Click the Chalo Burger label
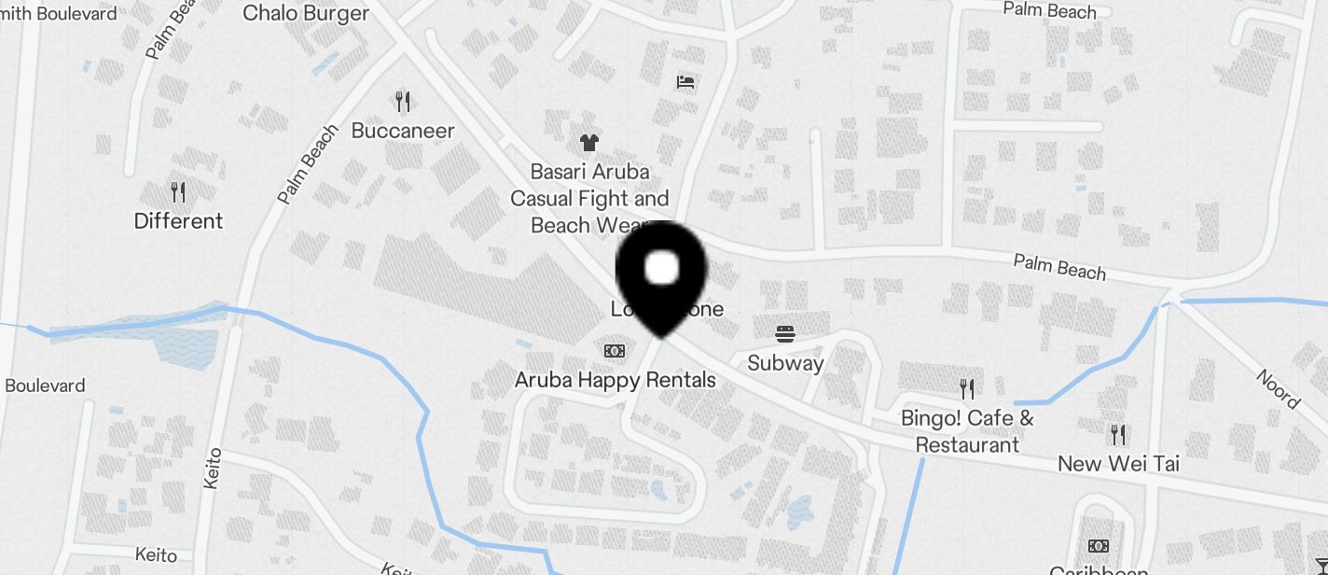pos(306,13)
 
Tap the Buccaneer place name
pos(403,131)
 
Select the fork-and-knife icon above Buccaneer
pos(403,101)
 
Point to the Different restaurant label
pos(178,221)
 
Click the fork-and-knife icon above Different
pos(178,192)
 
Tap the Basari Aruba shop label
pos(589,198)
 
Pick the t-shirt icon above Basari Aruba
pos(588,143)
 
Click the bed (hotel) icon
pos(685,82)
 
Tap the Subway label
pos(785,363)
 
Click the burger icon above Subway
pos(784,333)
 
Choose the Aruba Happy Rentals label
pos(616,380)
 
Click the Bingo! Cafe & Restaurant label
pos(967,431)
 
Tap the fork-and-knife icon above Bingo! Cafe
pos(967,389)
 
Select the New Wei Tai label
pos(1118,464)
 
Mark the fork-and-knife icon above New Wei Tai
pos(1118,434)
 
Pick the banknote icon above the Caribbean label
pos(1099,546)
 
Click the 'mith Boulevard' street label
pos(59,14)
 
